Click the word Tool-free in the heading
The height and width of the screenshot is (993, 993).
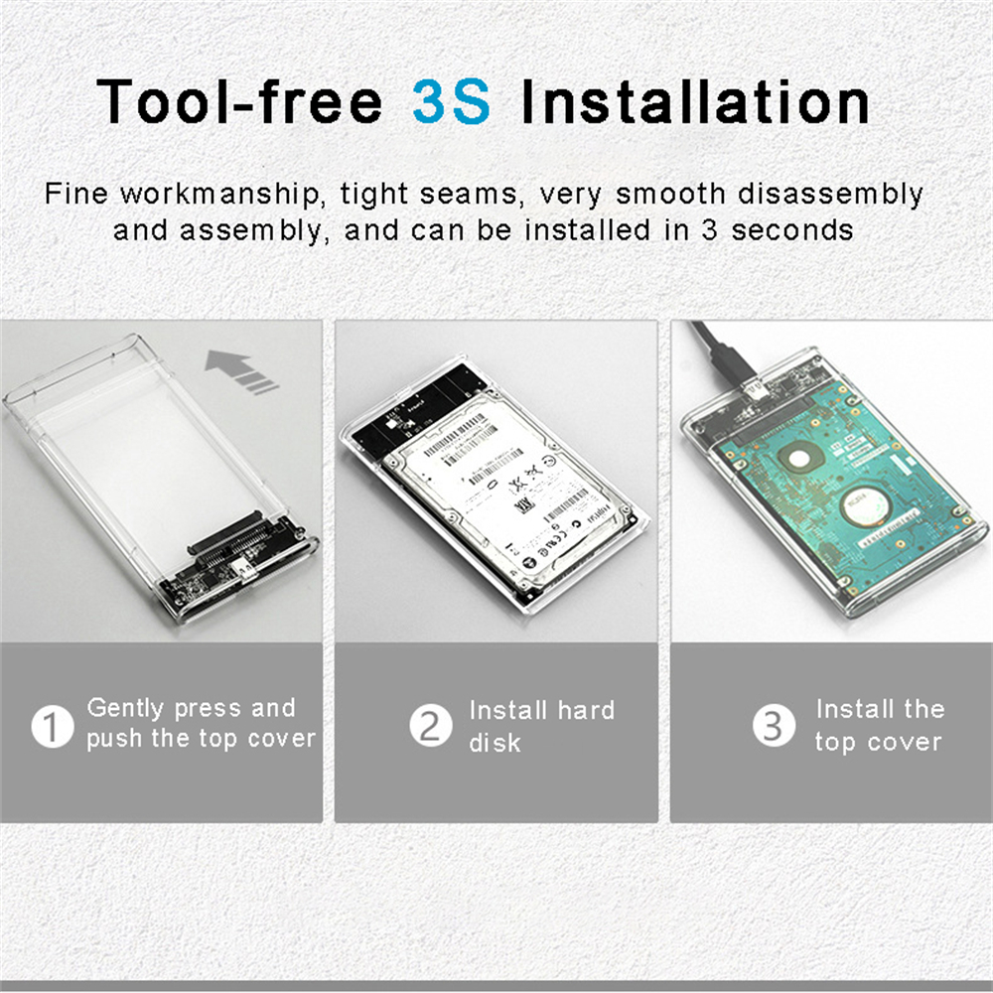point(239,101)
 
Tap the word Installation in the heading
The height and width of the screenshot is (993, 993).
point(695,101)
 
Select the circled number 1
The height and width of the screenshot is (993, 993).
point(52,727)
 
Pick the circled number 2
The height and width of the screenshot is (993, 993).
point(430,727)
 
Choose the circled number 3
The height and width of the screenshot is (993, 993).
point(773,727)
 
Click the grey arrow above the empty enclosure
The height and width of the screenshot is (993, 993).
point(241,371)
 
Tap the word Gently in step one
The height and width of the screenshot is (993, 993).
point(126,708)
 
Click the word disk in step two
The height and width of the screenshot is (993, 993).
point(495,743)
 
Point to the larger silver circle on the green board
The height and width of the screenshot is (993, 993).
point(864,506)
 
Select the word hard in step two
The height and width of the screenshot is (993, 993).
point(585,710)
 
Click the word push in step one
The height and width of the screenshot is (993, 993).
point(114,739)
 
